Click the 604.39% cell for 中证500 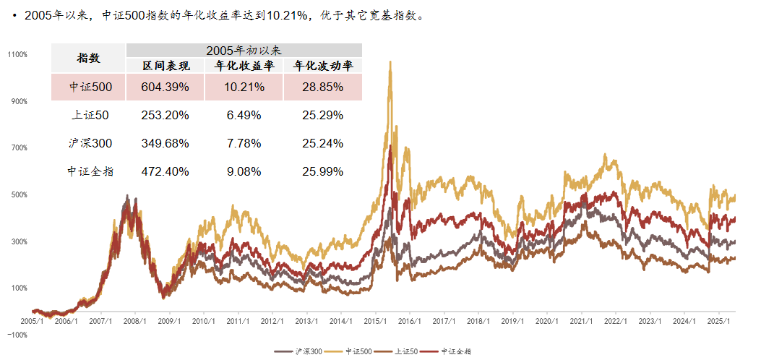tap(165, 87)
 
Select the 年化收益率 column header tap(244, 66)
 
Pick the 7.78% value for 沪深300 tap(244, 142)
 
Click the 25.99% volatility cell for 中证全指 tap(322, 171)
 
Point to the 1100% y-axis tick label tap(17, 54)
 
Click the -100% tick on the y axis tap(17, 335)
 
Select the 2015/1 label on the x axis tap(374, 320)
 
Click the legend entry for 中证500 tap(354, 351)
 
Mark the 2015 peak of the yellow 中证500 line tap(390, 63)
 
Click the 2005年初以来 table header tap(244, 51)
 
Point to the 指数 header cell tap(88, 58)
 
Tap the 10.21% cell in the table tap(244, 87)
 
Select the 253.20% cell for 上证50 tap(165, 114)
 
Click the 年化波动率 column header tap(322, 66)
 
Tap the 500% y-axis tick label tap(17, 194)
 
